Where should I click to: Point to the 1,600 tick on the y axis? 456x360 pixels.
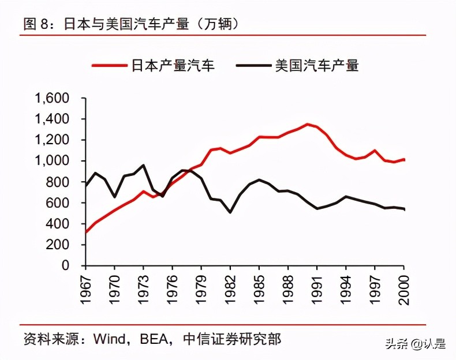(x=53, y=98)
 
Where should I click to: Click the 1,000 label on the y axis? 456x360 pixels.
(x=53, y=161)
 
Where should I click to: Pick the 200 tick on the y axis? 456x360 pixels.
(x=60, y=245)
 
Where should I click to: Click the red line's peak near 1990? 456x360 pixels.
(x=308, y=124)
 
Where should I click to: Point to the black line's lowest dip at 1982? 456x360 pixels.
(x=230, y=212)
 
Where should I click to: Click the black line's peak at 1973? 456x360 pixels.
(x=143, y=165)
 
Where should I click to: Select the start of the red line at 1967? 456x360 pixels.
(x=86, y=232)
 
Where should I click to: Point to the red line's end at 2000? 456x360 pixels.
(x=404, y=159)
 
